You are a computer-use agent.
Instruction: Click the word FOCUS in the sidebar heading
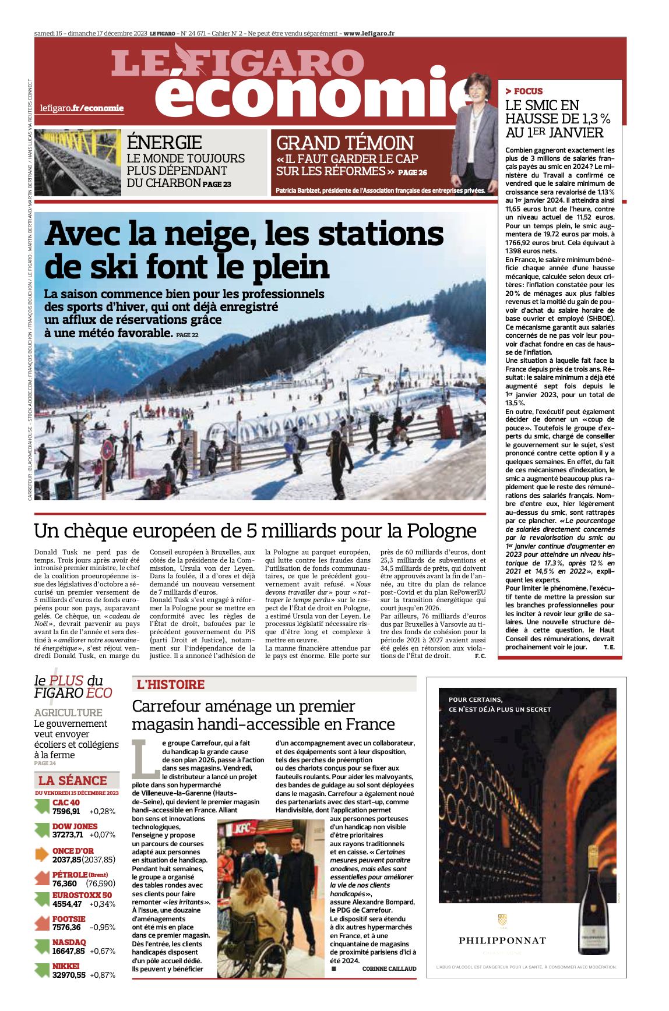coord(528,91)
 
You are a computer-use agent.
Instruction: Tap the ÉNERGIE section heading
coord(164,143)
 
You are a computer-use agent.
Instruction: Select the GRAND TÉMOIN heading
coord(344,143)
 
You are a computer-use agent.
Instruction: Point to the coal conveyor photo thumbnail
coord(77,162)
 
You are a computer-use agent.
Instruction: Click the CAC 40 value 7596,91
coord(66,811)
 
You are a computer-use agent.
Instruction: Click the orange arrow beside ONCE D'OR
coord(42,854)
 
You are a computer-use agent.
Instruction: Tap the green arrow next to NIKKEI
coord(42,970)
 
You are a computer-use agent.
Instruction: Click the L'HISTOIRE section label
coord(171,684)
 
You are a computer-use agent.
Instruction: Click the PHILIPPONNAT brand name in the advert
coord(502,940)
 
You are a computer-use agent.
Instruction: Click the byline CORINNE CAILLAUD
coord(389,968)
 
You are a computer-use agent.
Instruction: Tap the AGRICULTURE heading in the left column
coord(68,712)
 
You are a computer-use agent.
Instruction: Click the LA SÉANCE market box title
coord(73,780)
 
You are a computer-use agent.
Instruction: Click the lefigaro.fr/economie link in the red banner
coord(82,108)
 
